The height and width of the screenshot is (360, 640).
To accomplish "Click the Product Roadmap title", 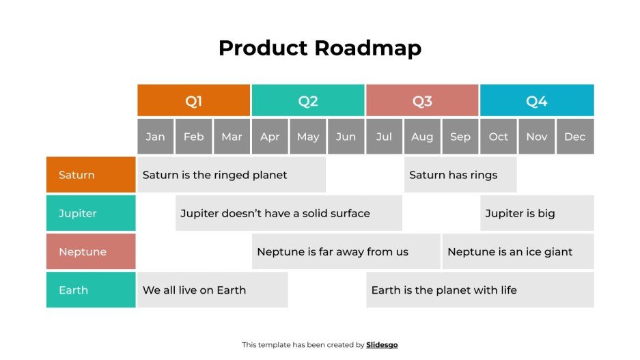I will point(320,49).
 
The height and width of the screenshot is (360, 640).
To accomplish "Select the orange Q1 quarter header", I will point(194,101).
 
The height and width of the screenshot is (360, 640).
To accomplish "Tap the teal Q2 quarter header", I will point(308,101).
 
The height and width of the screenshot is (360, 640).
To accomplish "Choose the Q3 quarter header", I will point(422,101).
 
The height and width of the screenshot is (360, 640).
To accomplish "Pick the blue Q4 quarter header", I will point(537,101).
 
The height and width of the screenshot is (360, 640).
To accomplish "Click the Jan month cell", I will point(156,137).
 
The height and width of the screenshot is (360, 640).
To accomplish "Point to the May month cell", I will point(308,137).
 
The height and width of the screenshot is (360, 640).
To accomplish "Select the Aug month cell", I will point(422,137).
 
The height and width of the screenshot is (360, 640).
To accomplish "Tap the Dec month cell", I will point(575,137).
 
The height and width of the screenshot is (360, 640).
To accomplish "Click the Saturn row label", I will point(91,175).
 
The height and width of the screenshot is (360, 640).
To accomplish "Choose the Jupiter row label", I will point(91,213).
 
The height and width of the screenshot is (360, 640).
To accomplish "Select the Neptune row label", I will point(91,251).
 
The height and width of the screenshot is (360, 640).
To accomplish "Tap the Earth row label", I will point(91,290).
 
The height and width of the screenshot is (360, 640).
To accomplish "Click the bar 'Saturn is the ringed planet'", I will point(232,175).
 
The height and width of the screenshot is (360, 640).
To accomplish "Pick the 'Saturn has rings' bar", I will point(460,175).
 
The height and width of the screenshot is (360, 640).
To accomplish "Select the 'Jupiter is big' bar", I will point(537,213).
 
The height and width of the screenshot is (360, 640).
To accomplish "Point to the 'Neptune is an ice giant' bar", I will point(518,251).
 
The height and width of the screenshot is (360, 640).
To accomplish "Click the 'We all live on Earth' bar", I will point(212,290).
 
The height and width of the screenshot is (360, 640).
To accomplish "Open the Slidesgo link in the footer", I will point(382,345).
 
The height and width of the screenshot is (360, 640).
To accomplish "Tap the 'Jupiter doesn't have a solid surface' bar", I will point(289,213).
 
